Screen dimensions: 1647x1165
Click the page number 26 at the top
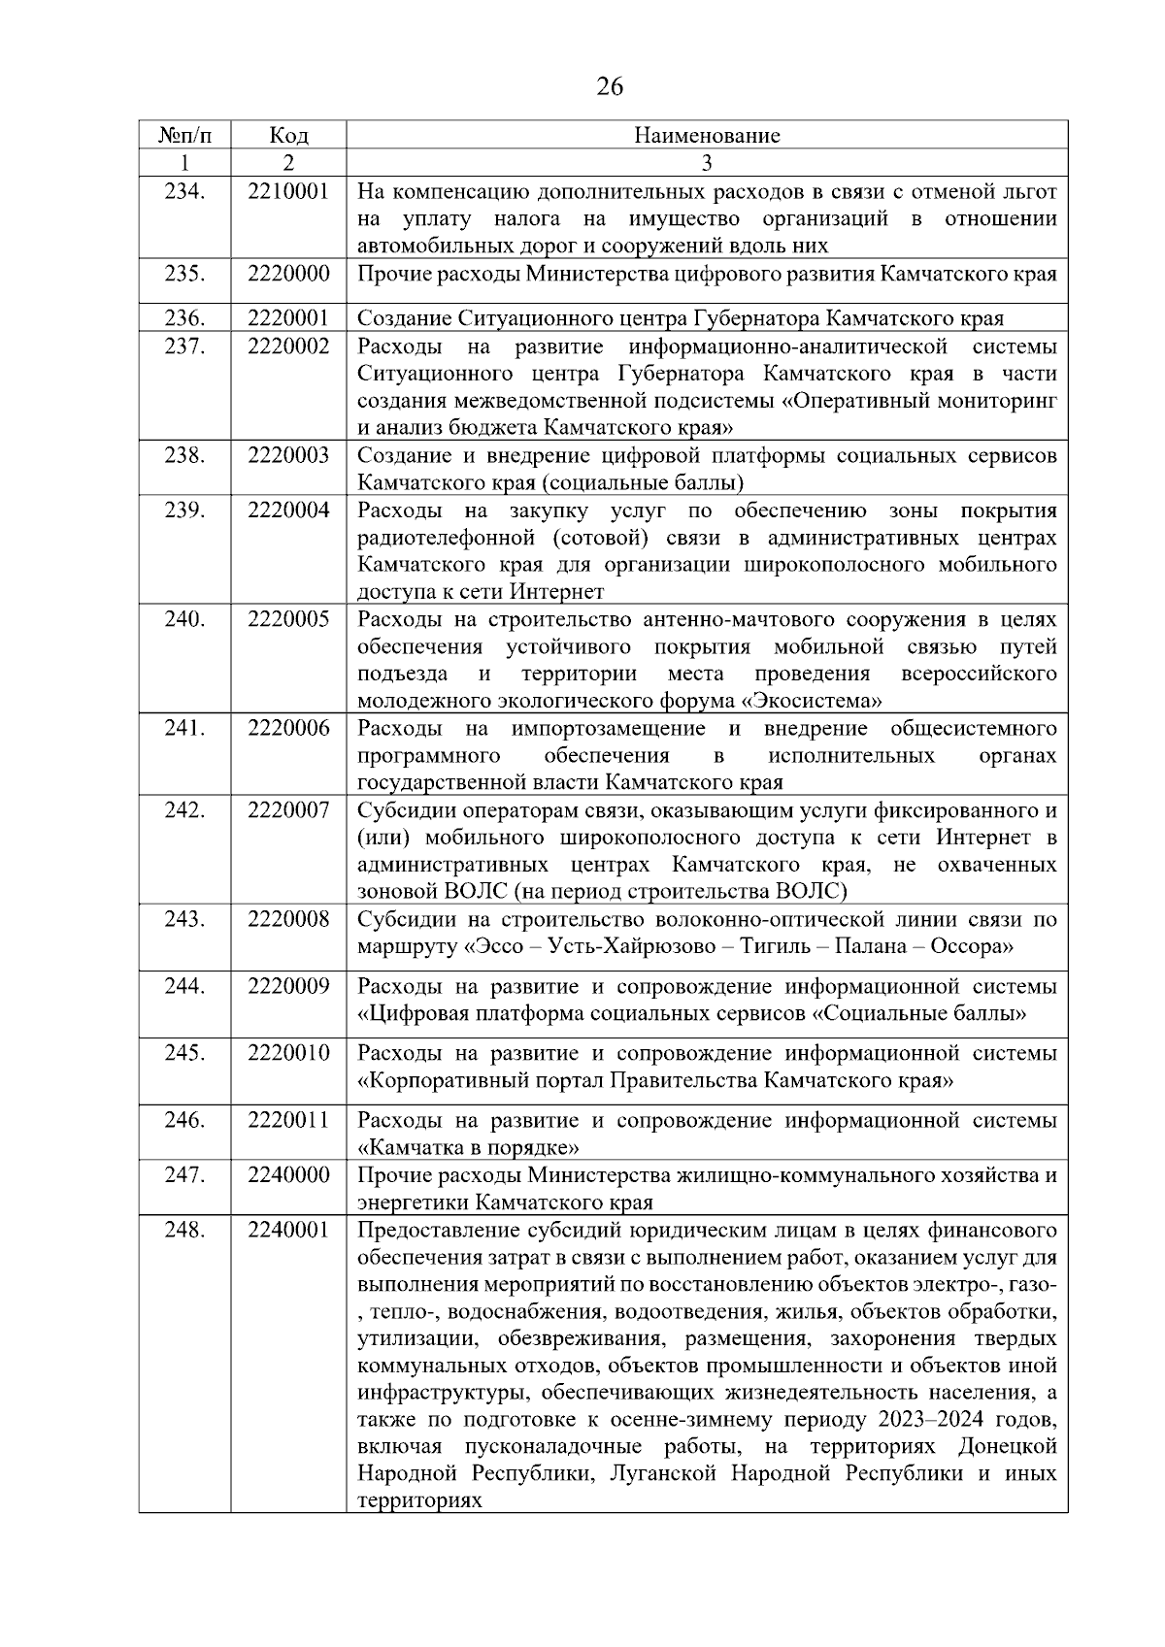coord(609,87)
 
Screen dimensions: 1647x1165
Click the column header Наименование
coord(707,135)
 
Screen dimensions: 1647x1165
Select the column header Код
coord(288,135)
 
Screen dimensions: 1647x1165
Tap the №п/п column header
coord(184,135)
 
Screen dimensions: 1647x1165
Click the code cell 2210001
coord(288,192)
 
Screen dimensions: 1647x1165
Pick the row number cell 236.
coord(184,318)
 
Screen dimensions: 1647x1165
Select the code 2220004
coord(288,511)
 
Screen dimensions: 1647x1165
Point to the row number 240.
coord(184,619)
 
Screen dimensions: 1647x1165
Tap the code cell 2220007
coord(288,810)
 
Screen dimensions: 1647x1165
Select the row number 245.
coord(184,1053)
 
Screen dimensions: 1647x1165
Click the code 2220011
coord(288,1121)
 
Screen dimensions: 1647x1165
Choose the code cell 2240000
coord(288,1175)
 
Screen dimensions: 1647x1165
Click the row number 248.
coord(184,1230)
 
